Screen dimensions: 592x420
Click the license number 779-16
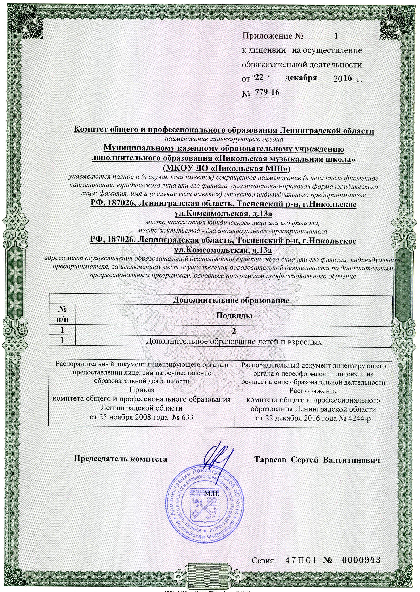pos(267,92)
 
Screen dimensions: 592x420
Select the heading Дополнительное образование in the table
pos(231,300)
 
